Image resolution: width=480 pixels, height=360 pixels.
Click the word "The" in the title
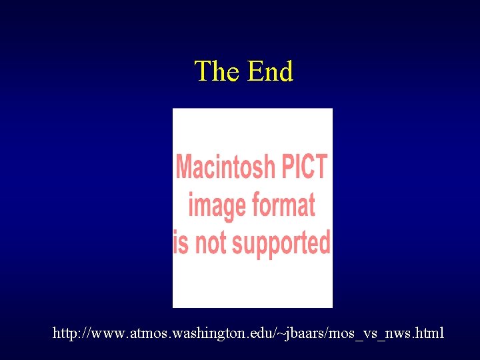coord(218,71)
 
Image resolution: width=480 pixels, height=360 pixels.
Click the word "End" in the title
coord(270,71)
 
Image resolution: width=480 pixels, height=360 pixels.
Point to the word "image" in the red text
coord(215,205)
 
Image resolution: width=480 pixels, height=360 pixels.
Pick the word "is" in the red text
coord(180,243)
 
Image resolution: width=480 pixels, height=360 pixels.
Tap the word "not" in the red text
coord(211,243)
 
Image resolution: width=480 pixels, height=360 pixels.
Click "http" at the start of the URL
coord(65,333)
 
